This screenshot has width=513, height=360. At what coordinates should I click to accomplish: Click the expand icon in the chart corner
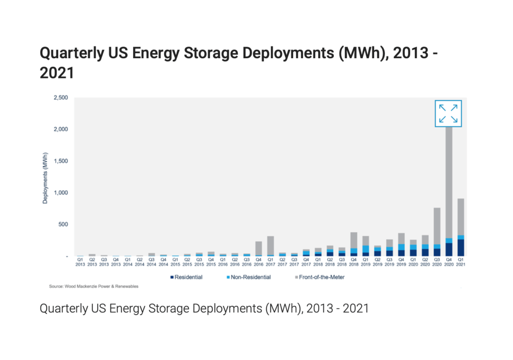448,113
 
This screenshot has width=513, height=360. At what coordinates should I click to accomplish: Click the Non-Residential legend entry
249,277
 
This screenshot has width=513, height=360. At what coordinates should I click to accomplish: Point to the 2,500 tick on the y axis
61,98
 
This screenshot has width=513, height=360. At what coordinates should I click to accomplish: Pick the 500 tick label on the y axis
63,224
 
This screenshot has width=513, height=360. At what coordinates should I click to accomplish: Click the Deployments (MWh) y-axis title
45,178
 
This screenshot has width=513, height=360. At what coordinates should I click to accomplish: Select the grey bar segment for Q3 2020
437,226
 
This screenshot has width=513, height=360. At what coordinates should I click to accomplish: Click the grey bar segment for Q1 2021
461,216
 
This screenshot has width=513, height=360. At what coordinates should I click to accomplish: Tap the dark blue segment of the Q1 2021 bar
461,248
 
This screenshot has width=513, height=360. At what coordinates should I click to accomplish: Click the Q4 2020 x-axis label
449,261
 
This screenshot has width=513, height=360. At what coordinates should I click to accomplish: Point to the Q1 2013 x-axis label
80,261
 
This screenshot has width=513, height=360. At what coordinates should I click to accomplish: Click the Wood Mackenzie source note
94,286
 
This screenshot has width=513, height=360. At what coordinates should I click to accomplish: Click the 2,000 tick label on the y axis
61,129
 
